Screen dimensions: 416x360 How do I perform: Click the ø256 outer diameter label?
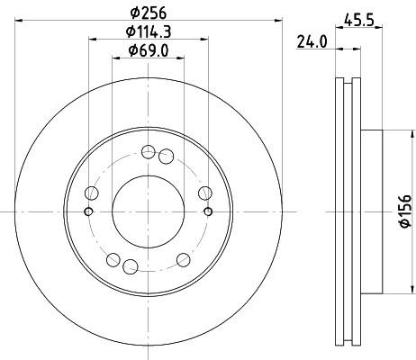coord(148,13)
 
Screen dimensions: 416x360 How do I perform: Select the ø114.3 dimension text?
coord(149,31)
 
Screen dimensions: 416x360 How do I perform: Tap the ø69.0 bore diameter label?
coord(149,50)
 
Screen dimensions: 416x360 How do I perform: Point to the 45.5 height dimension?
coord(359,21)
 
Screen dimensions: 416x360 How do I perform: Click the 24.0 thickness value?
coord(312,41)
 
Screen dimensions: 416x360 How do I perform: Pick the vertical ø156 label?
coord(405,211)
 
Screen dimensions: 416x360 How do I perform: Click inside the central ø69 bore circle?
coord(148,211)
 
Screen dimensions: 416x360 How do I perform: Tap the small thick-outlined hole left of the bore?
coord(88,211)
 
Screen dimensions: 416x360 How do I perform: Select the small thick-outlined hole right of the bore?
coord(208,211)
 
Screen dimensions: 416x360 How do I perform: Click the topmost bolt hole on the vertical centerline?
coord(149,151)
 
